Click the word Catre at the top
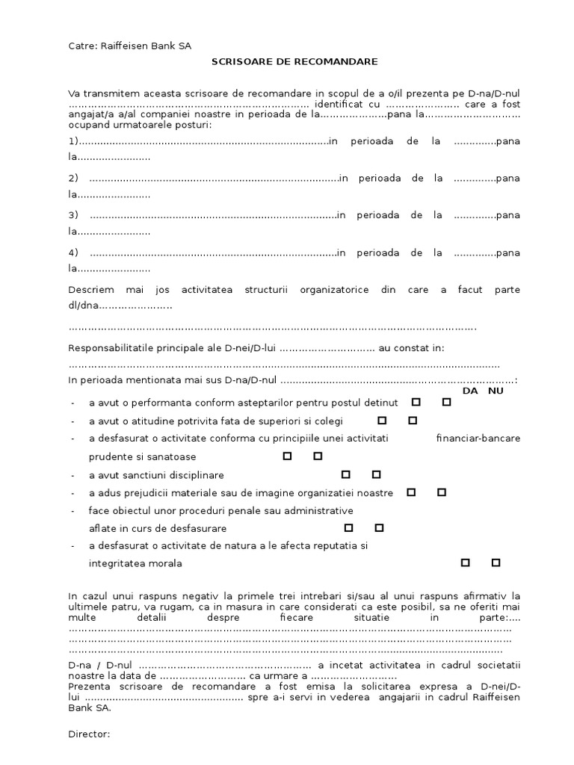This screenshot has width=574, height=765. pyautogui.click(x=81, y=46)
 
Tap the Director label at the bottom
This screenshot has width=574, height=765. pyautogui.click(x=89, y=734)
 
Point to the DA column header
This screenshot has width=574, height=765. pyautogui.click(x=470, y=391)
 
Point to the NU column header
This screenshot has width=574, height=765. pyautogui.click(x=496, y=391)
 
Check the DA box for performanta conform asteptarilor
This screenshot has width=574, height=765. pyautogui.click(x=416, y=402)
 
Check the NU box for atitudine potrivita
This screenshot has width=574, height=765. pyautogui.click(x=412, y=421)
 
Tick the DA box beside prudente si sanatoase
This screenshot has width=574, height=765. pyautogui.click(x=287, y=456)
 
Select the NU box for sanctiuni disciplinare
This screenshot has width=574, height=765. pyautogui.click(x=376, y=474)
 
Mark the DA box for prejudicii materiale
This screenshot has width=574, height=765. pyautogui.click(x=411, y=492)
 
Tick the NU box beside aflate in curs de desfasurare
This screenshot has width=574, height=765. pyautogui.click(x=379, y=528)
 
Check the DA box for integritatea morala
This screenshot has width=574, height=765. pyautogui.click(x=465, y=563)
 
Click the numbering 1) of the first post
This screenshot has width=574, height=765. pyautogui.click(x=73, y=142)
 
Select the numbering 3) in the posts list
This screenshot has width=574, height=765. pyautogui.click(x=73, y=215)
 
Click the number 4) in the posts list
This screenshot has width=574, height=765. pyautogui.click(x=73, y=253)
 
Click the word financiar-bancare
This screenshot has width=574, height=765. pyautogui.click(x=478, y=438)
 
